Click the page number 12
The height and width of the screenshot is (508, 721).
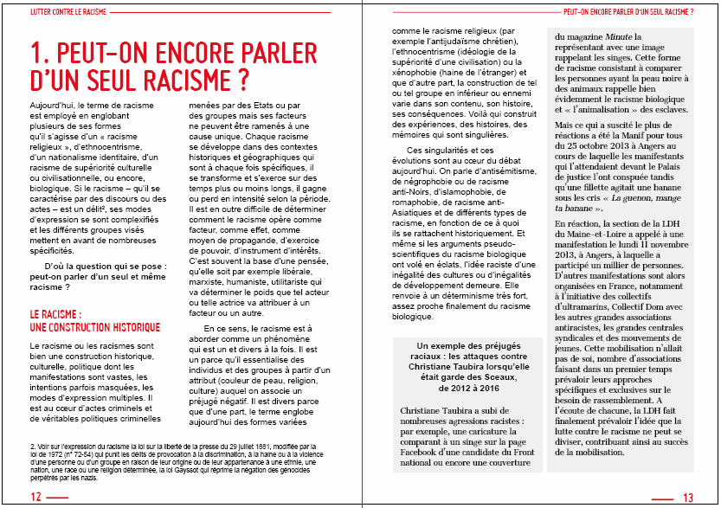click(35, 497)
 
